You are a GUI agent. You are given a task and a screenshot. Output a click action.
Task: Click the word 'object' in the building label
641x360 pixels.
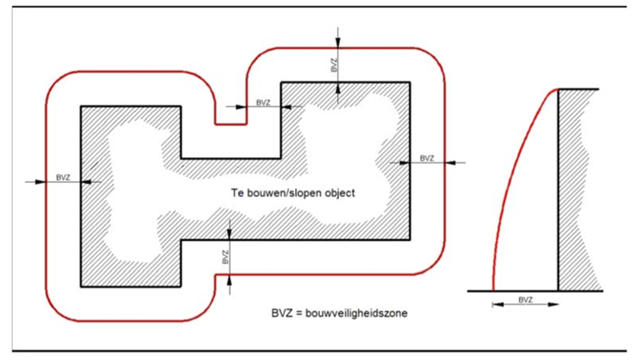[x=340, y=193]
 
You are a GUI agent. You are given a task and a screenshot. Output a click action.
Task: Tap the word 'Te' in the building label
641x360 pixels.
[x=237, y=193]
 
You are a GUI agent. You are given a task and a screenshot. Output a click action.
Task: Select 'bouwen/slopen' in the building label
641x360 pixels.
[x=284, y=193]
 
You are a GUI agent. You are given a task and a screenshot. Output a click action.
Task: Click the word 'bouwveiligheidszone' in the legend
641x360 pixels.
[x=356, y=313]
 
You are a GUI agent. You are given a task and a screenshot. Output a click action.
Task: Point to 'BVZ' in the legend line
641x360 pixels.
[x=281, y=313]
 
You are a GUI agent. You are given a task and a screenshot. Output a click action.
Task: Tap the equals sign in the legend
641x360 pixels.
[x=298, y=313]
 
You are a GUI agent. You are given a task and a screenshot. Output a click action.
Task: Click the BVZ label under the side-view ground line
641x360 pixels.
[x=525, y=300]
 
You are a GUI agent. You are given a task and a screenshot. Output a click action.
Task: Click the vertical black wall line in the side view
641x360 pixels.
[x=558, y=190]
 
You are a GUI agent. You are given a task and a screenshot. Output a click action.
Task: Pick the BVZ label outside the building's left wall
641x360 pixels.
[x=63, y=178]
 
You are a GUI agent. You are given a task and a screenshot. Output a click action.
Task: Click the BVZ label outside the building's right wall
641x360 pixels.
[x=427, y=158]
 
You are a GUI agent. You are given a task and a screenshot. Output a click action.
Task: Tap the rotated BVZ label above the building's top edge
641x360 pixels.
[x=334, y=66]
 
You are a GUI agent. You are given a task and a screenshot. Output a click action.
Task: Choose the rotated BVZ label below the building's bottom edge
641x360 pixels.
[x=225, y=257]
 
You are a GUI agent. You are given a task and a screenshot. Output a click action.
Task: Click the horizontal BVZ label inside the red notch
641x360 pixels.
[x=263, y=103]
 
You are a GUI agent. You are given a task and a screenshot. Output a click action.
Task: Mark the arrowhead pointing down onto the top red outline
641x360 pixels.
[x=337, y=42]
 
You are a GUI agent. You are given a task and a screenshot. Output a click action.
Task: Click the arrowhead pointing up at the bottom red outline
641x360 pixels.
[x=229, y=280]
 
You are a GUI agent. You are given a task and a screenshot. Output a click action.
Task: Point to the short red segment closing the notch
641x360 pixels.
[x=231, y=124]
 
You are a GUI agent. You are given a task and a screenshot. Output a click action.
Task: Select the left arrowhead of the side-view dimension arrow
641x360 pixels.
[x=498, y=305]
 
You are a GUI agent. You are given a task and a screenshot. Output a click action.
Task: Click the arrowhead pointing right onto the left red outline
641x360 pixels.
[x=41, y=181]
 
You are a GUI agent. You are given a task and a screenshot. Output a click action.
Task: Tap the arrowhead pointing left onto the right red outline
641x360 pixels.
[x=450, y=163]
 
